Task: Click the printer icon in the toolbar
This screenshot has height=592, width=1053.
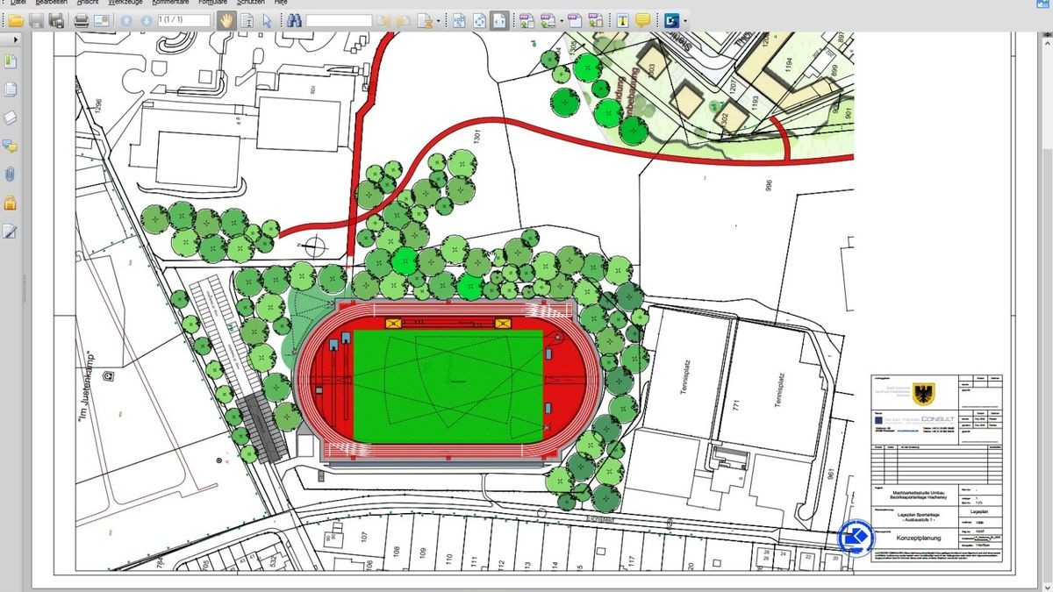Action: pos(81,20)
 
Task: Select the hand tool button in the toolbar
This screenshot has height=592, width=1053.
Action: pos(226,20)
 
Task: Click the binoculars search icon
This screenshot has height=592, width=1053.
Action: pos(294,20)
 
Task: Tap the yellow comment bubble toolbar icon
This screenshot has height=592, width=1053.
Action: pos(642,20)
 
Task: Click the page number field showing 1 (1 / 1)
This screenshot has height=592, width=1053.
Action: pos(184,20)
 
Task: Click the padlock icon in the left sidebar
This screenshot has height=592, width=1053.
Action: pos(11,203)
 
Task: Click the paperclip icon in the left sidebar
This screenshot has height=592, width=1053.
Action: pos(11,174)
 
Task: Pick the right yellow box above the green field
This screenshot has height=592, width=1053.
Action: pos(503,323)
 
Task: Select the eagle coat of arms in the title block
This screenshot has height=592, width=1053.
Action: pos(923,392)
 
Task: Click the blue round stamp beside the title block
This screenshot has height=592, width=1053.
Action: pos(857,538)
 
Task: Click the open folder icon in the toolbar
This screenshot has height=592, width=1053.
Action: pos(16,20)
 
